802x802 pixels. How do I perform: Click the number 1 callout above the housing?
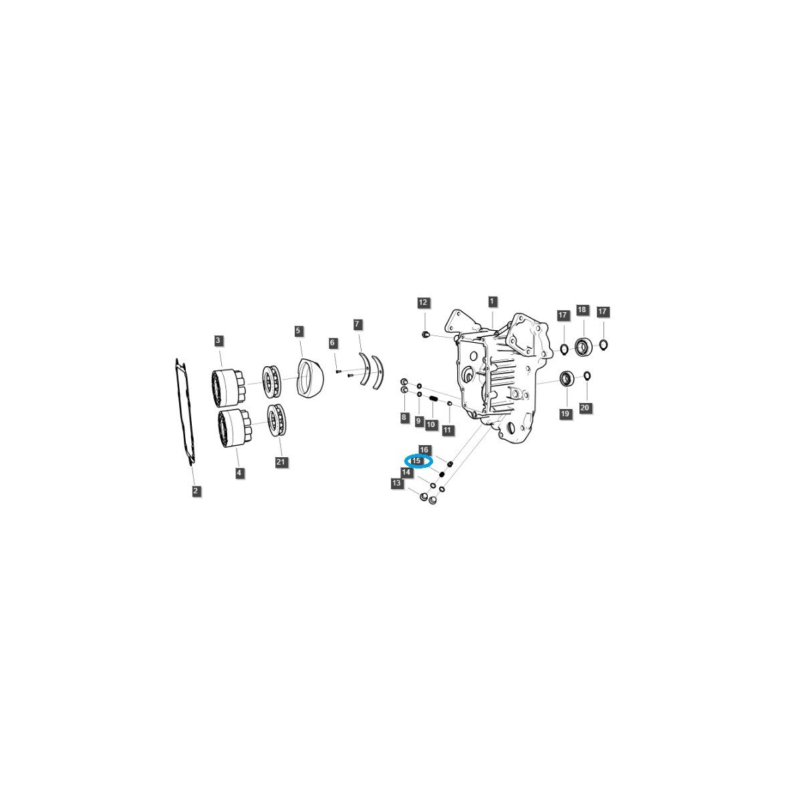pyautogui.click(x=492, y=301)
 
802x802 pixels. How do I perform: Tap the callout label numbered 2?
pyautogui.click(x=195, y=491)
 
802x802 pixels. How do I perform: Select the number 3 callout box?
pyautogui.click(x=218, y=340)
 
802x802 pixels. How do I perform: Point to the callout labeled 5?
pyautogui.click(x=298, y=331)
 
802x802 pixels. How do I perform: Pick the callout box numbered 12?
pyautogui.click(x=422, y=303)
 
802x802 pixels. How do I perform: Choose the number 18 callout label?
pyautogui.click(x=582, y=309)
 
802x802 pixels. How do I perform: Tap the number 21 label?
pyautogui.click(x=281, y=462)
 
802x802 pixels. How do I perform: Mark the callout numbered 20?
pyautogui.click(x=585, y=408)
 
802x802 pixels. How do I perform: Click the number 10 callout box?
pyautogui.click(x=431, y=424)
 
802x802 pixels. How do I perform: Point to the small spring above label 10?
pyautogui.click(x=433, y=400)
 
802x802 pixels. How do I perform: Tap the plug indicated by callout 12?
pyautogui.click(x=426, y=334)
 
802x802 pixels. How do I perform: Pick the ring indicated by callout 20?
pyautogui.click(x=587, y=375)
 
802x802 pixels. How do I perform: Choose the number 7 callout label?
pyautogui.click(x=358, y=324)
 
